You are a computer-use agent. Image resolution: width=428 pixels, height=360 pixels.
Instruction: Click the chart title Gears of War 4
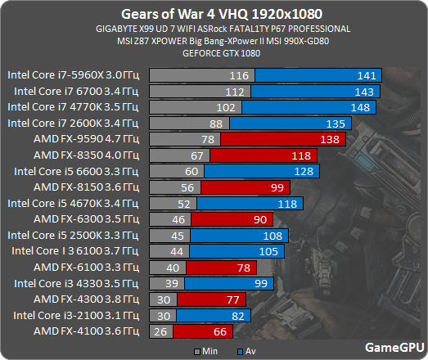pos(214,14)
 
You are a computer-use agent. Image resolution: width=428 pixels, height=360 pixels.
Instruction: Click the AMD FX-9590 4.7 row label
pos(80,139)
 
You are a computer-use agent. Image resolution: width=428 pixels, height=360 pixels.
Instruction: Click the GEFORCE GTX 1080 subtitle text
pos(214,52)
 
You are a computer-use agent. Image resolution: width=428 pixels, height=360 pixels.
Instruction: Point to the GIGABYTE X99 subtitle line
pos(214,29)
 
